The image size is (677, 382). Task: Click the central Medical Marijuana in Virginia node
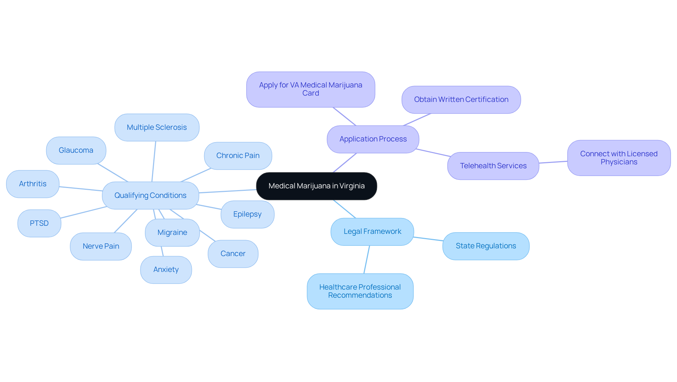tap(316, 186)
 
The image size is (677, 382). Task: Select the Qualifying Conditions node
tap(151, 195)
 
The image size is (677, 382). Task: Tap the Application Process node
tap(373, 139)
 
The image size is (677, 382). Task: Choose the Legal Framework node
tap(372, 232)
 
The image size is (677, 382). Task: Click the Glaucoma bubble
tap(76, 151)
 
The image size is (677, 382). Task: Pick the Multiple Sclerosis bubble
tap(157, 127)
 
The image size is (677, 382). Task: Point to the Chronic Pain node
tap(238, 156)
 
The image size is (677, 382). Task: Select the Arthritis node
tap(33, 184)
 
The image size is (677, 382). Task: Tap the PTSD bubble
tap(39, 223)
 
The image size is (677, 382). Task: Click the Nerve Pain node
tap(101, 247)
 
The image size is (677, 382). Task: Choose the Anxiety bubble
tap(166, 270)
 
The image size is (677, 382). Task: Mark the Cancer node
tap(233, 254)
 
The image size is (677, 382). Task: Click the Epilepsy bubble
tap(248, 214)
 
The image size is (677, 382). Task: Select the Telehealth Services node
tap(493, 166)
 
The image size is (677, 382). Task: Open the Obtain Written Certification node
tap(461, 100)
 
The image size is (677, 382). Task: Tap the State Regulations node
tap(486, 246)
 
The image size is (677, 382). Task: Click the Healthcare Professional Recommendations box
tap(360, 291)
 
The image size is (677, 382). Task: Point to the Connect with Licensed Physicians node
tap(619, 158)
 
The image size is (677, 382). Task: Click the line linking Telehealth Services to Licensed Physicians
tap(553, 162)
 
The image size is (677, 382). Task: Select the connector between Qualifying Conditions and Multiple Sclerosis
tap(154, 162)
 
